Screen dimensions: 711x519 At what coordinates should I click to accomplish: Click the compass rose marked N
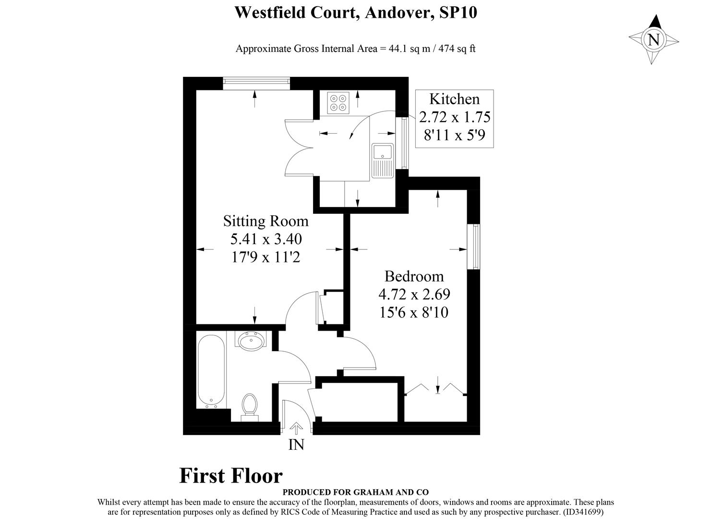(653, 39)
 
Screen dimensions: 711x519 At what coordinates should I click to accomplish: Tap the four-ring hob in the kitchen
(338, 103)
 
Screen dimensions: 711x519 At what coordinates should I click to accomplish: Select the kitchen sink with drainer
(383, 160)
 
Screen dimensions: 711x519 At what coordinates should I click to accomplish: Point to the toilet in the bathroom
(249, 406)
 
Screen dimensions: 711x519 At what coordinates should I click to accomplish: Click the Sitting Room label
(265, 221)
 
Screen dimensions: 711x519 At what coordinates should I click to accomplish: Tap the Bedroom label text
(414, 276)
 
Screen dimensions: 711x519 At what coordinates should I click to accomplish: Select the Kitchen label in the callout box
(454, 99)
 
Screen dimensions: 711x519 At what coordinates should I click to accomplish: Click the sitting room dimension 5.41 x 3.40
(265, 239)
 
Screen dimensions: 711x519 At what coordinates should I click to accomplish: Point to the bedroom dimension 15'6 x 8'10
(414, 313)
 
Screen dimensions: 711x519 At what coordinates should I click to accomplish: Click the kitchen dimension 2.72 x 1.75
(454, 117)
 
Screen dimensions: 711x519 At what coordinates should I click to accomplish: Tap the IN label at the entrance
(296, 445)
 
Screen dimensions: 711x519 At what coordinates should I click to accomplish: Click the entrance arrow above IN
(296, 427)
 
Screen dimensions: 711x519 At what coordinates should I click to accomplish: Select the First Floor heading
(231, 476)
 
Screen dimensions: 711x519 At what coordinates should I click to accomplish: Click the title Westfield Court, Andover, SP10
(355, 12)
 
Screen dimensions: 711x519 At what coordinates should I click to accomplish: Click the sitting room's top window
(257, 84)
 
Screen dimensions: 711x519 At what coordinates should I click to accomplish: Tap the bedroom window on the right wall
(474, 247)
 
